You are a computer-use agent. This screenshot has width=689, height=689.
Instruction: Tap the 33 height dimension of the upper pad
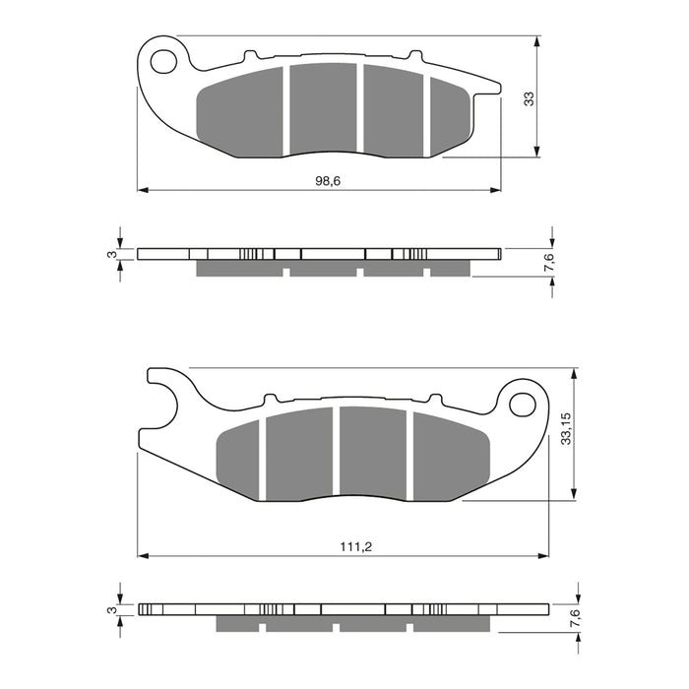(x=529, y=97)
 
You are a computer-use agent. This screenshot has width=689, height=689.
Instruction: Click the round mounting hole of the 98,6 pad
(x=162, y=60)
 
